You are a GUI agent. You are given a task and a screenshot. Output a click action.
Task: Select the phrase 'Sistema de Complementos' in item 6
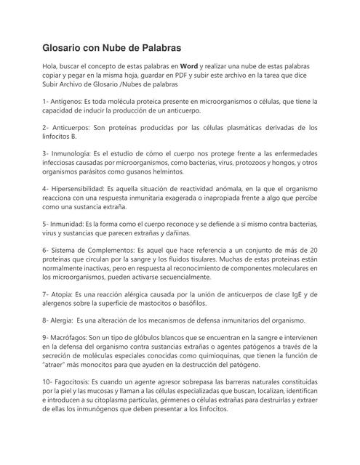(98, 251)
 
